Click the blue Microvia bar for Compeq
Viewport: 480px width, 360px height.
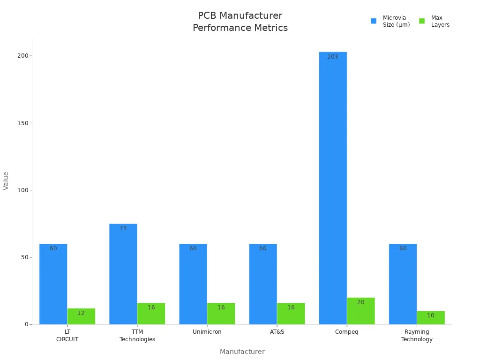333,187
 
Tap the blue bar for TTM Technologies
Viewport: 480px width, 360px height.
123,274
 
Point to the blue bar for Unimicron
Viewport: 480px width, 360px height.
193,284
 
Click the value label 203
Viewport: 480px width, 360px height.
333,57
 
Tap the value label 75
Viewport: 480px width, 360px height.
123,228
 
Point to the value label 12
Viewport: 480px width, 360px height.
81,313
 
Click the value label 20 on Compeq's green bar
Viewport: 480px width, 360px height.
361,302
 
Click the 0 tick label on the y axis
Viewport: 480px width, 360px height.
28,324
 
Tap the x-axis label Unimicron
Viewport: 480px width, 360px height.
207,332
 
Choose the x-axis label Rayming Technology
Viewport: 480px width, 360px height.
417,336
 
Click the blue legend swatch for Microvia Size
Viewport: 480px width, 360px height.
374,21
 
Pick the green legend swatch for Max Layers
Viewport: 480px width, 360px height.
422,21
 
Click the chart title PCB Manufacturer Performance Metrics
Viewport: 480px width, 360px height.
240,22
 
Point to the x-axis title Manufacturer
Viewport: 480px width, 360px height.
242,352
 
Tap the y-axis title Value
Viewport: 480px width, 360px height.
6,180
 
